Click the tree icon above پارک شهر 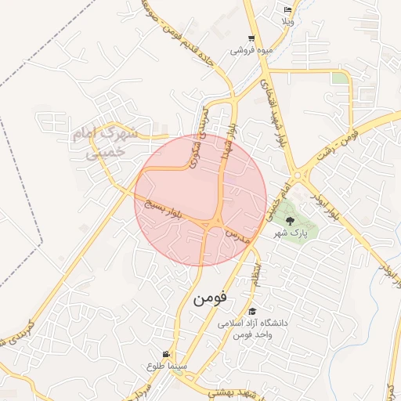pos(291,221)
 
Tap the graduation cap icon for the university pos(252,312)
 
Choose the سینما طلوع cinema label pos(166,366)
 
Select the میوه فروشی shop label pos(251,49)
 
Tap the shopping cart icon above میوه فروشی pos(251,38)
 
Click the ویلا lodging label pos(288,21)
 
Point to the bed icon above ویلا pos(288,10)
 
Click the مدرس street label pos(238,237)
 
